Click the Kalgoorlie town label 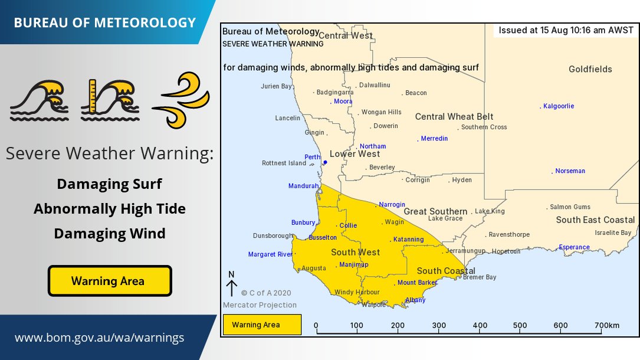click(x=559, y=106)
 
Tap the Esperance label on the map click(x=574, y=247)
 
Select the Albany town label click(x=415, y=300)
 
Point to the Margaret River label click(x=270, y=255)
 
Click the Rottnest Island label click(x=284, y=163)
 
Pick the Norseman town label click(x=570, y=171)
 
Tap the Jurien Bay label click(x=276, y=87)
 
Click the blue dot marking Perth click(x=325, y=162)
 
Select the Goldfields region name click(x=590, y=70)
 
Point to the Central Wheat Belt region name click(x=454, y=117)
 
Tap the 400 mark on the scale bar click(x=480, y=325)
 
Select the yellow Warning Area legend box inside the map click(x=262, y=325)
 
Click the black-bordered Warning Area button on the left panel click(x=110, y=281)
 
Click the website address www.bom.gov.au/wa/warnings click(x=99, y=338)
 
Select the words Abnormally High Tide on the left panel click(x=110, y=209)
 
